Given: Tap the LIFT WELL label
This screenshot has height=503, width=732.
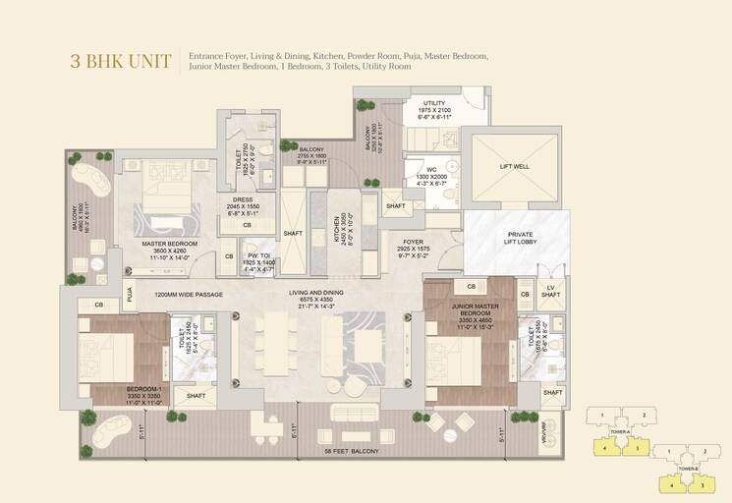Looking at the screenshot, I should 514,167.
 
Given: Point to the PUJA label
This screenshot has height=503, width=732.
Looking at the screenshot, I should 129,292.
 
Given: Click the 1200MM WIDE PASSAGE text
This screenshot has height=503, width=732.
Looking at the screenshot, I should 189,295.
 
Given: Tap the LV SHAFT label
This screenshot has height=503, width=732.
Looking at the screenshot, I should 551,291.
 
